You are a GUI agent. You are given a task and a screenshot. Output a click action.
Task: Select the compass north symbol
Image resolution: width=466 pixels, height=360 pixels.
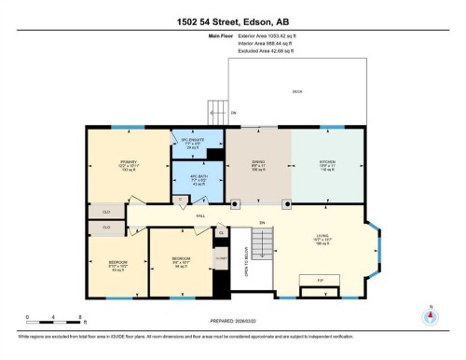(x=429, y=315)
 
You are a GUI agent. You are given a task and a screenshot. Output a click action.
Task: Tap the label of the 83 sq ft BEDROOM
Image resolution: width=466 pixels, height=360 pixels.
(x=118, y=264)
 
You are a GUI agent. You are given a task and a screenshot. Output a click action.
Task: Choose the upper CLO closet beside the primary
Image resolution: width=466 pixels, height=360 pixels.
(x=106, y=212)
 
